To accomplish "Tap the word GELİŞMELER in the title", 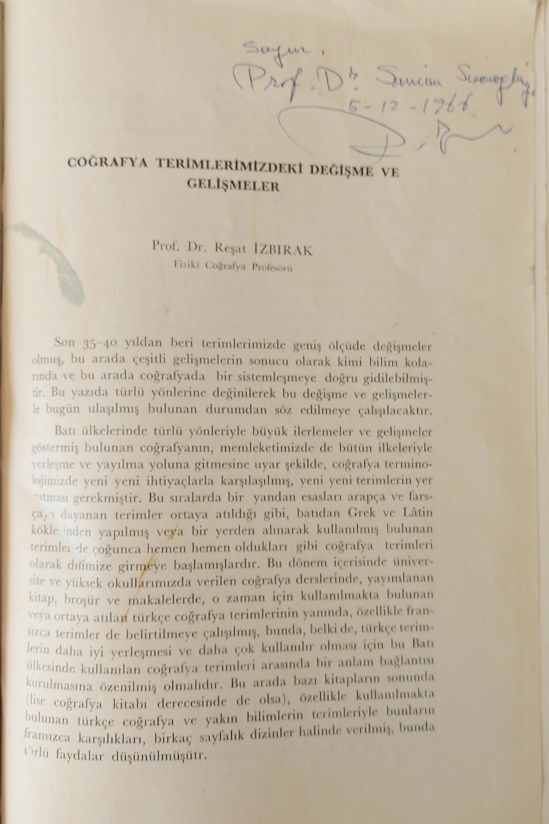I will (232, 186).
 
